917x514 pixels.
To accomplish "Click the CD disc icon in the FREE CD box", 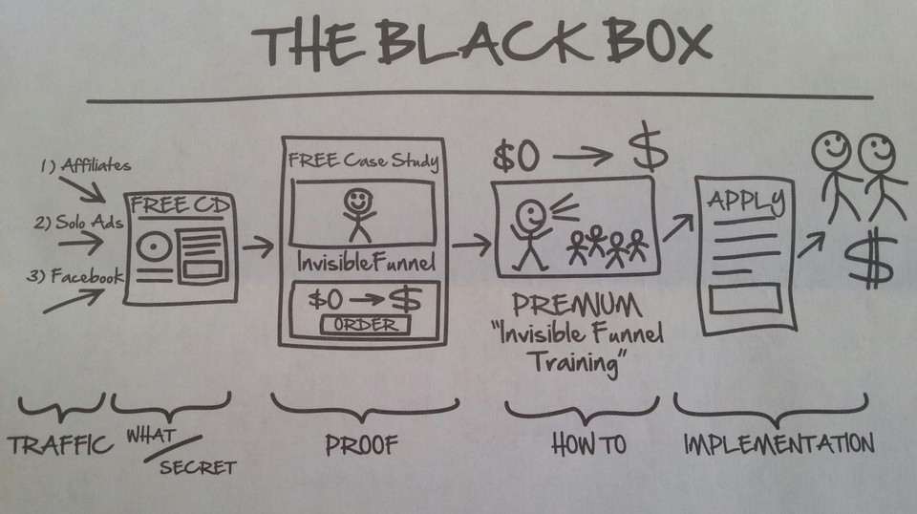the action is [151, 246].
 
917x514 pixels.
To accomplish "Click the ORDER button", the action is [365, 325].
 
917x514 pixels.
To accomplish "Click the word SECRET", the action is [196, 467].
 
